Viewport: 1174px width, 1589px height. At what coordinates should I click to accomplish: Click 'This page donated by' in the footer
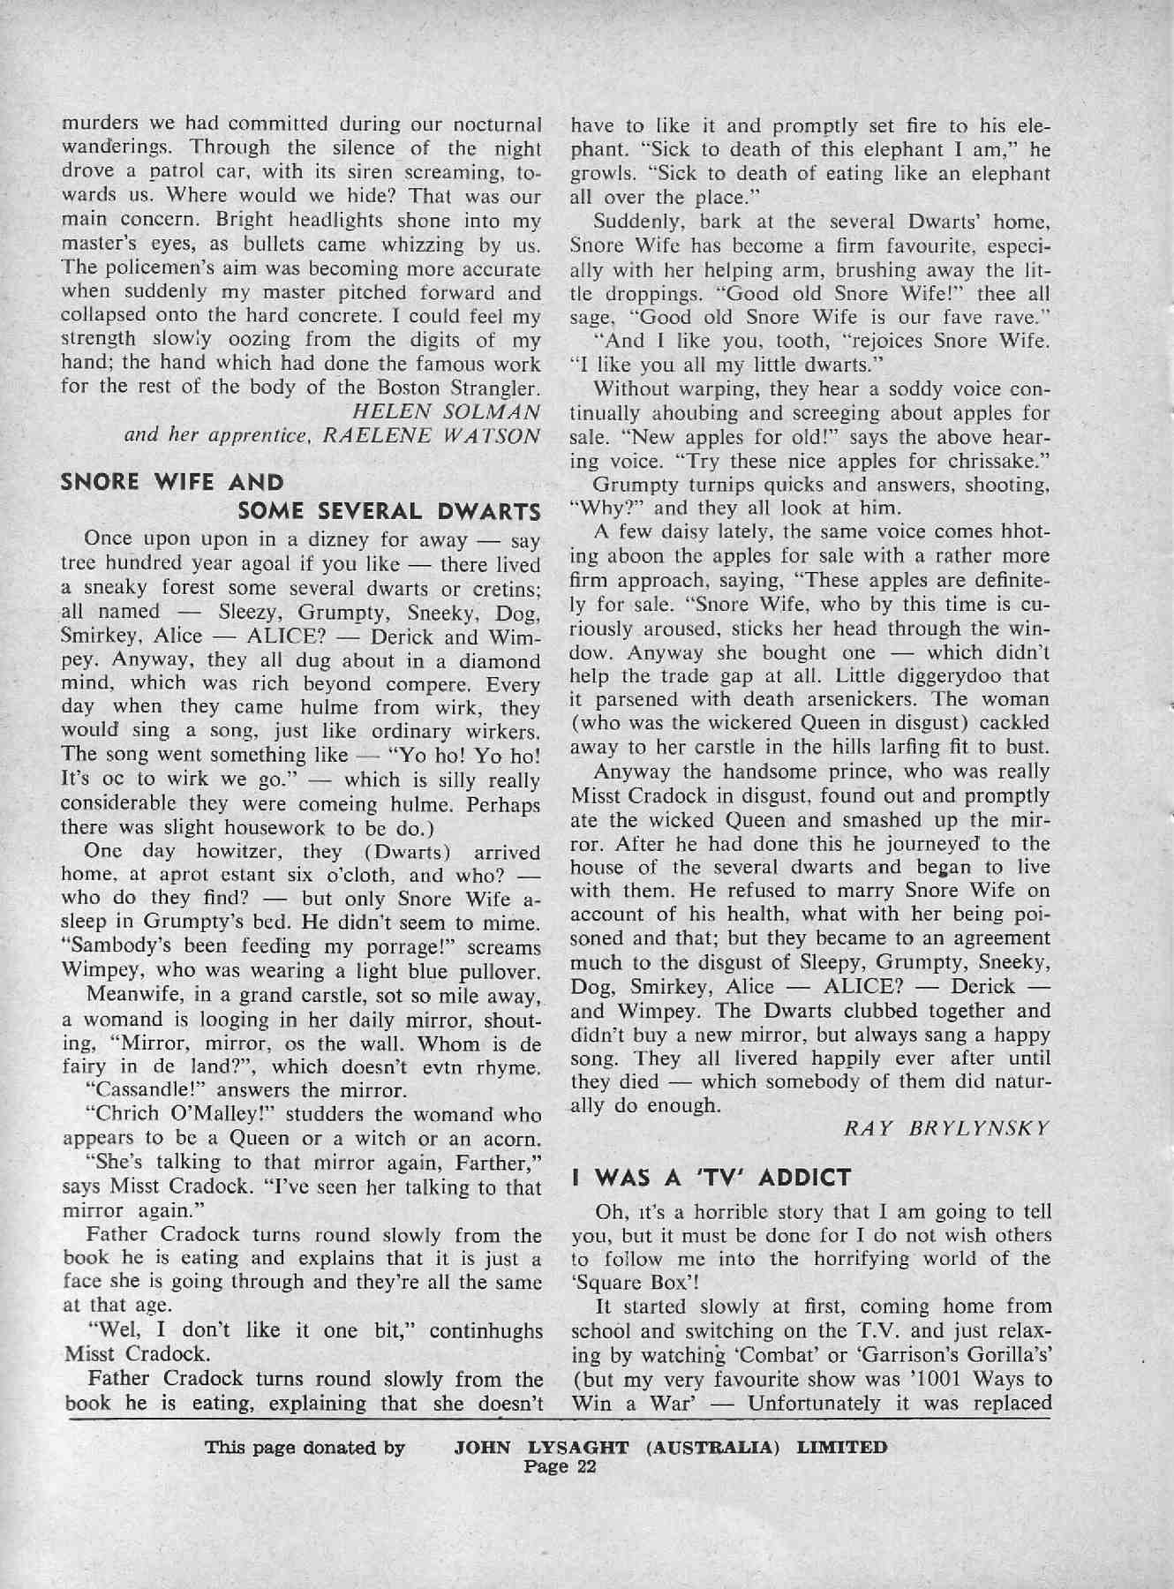pos(305,1448)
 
